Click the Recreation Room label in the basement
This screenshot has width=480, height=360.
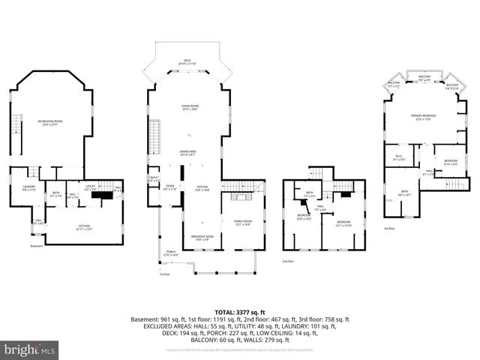[48, 123]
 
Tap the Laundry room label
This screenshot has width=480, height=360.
[29, 188]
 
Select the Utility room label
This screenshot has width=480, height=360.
[90, 188]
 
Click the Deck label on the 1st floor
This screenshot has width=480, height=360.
[187, 63]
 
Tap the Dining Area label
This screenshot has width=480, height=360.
[187, 153]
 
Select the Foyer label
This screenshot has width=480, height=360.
[170, 188]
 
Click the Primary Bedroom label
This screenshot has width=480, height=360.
[424, 117]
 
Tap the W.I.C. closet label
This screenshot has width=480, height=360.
[399, 158]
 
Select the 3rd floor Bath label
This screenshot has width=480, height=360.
[404, 193]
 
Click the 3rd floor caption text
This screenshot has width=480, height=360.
[388, 228]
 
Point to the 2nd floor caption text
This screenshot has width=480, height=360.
[287, 261]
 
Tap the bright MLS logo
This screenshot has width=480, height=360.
[30, 349]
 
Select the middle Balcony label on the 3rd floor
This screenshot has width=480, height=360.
[424, 78]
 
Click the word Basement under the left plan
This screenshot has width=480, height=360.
[37, 246]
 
